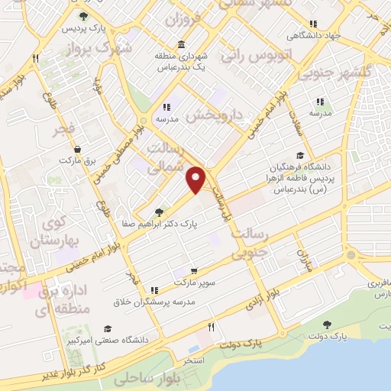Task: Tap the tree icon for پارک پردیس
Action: [82, 16]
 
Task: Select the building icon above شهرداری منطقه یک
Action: [180, 44]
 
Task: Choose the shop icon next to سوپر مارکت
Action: [194, 271]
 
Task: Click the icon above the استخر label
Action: [211, 327]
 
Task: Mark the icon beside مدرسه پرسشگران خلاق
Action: [155, 290]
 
